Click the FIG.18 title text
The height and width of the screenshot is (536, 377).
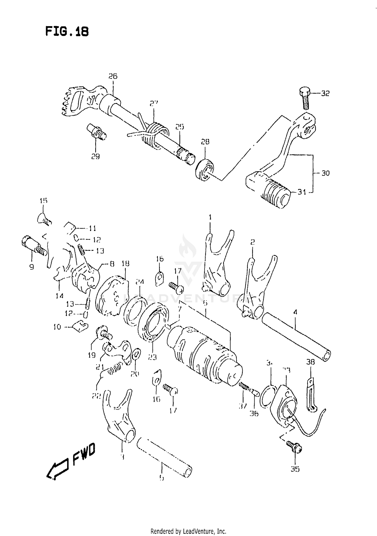67,32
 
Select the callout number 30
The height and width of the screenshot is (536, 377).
325,173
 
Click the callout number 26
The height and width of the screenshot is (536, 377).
113,76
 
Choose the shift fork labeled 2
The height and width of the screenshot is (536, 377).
256,289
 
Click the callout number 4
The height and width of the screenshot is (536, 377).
295,312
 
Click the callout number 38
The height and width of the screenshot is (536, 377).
311,362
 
